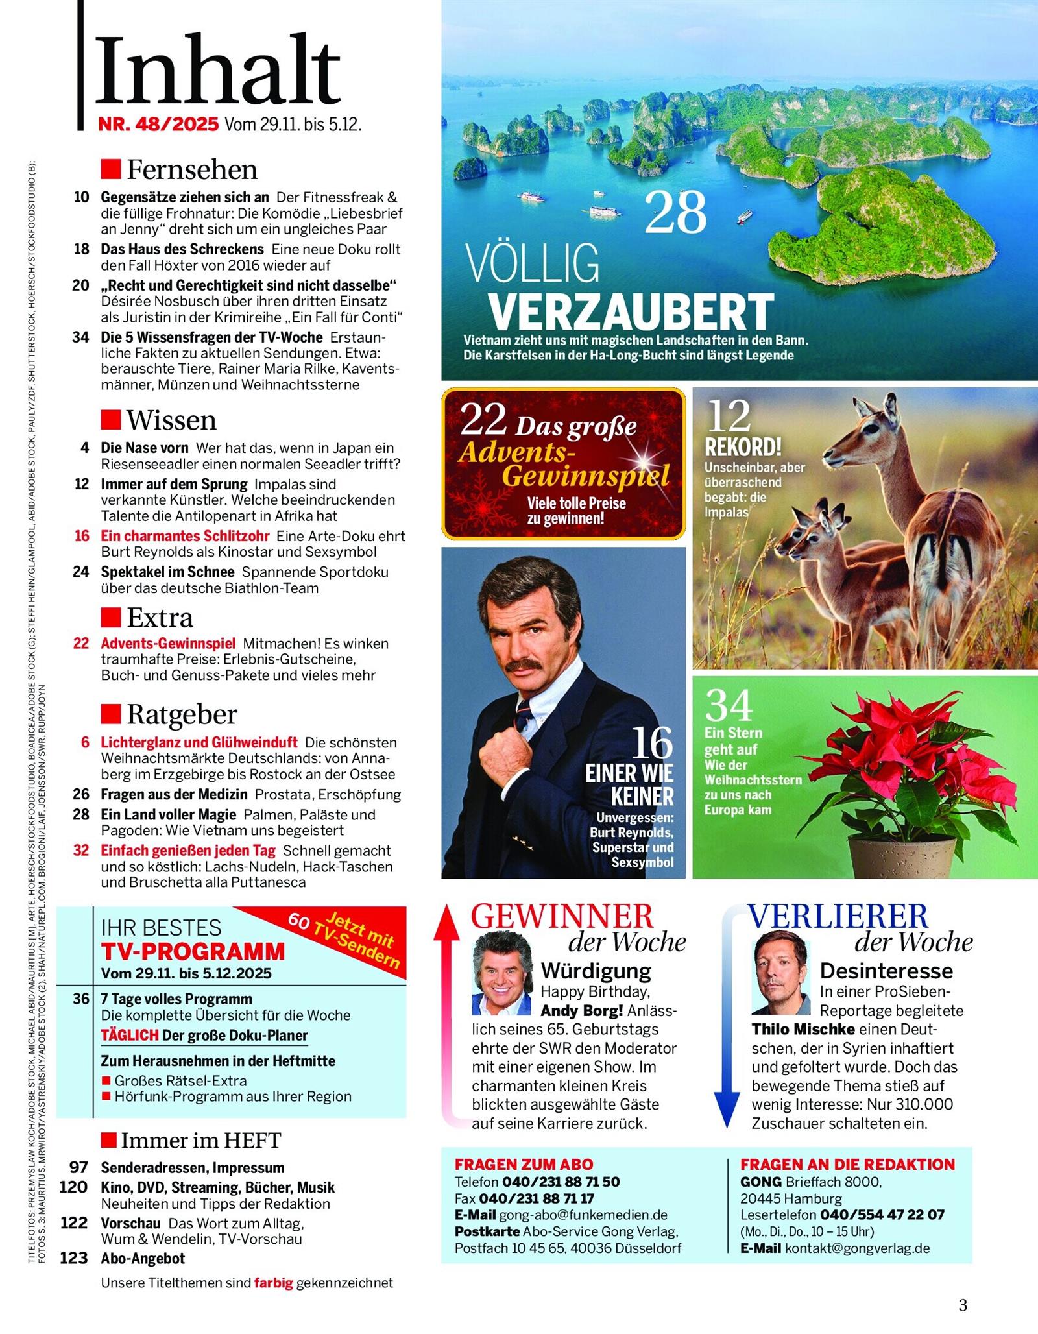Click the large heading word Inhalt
coord(219,70)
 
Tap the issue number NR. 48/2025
coord(158,124)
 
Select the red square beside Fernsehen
coord(111,169)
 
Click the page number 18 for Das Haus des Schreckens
coord(81,249)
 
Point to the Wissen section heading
coord(171,420)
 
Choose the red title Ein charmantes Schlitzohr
coord(185,536)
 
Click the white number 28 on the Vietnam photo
coord(675,213)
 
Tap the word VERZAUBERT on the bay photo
coord(631,311)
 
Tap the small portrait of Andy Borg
coord(501,973)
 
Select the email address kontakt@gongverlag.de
coord(857,1248)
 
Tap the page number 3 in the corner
coord(963,1304)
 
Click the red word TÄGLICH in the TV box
coord(130,1035)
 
